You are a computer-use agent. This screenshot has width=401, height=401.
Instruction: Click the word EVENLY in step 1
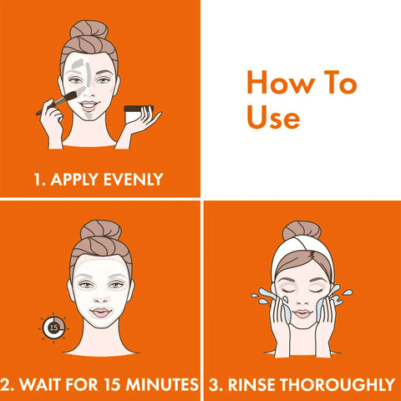tap(133, 180)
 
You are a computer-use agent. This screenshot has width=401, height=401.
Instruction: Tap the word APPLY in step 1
tap(74, 180)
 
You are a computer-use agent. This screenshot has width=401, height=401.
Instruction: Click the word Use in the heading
tap(273, 117)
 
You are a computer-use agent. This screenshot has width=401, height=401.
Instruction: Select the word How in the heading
tap(281, 83)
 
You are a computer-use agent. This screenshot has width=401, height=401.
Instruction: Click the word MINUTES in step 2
tap(162, 384)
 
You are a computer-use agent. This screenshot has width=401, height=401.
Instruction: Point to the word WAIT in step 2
tap(41, 384)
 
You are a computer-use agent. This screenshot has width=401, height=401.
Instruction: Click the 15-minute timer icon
tap(53, 327)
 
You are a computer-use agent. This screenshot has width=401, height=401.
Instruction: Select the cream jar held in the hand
tap(136, 114)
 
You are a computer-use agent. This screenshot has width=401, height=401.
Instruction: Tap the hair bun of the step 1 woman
tap(89, 29)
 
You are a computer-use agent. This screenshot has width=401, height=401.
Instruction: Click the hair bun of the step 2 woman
tap(101, 230)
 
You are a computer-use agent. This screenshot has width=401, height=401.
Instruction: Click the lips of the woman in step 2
tap(101, 312)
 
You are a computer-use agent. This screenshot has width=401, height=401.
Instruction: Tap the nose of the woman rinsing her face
tap(302, 302)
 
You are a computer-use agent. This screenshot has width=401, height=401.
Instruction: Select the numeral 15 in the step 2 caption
tap(112, 384)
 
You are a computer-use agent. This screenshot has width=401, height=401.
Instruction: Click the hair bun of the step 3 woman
tap(302, 230)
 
